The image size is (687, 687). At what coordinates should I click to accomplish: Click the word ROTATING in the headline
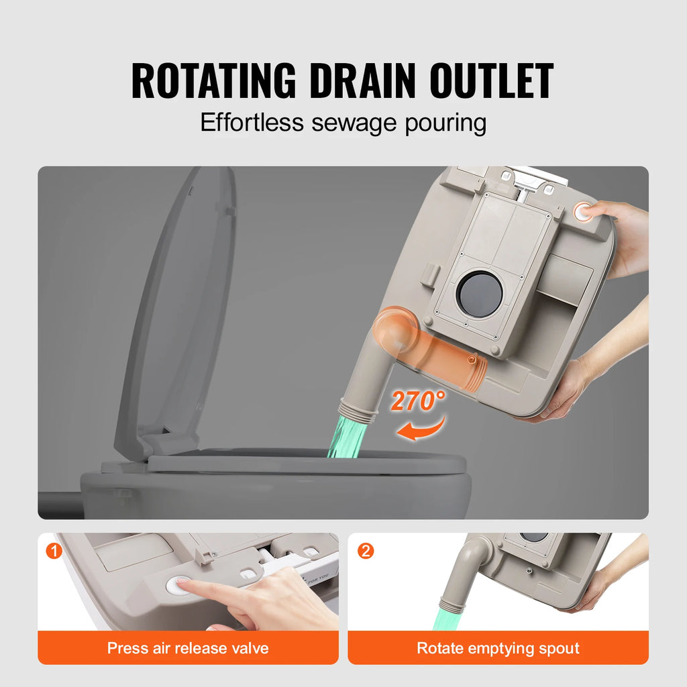tap(213, 81)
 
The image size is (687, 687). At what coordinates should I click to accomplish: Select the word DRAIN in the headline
tap(359, 81)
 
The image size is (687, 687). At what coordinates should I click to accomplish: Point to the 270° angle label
tap(418, 401)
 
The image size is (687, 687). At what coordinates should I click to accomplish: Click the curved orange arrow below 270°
tap(421, 428)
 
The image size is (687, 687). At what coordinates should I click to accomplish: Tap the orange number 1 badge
tap(54, 551)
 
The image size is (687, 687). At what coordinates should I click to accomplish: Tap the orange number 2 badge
tap(366, 551)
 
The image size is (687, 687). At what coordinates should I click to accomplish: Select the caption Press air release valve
tap(188, 648)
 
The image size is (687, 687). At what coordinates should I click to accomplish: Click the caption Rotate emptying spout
tap(498, 648)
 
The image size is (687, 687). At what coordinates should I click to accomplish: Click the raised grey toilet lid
tap(178, 309)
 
